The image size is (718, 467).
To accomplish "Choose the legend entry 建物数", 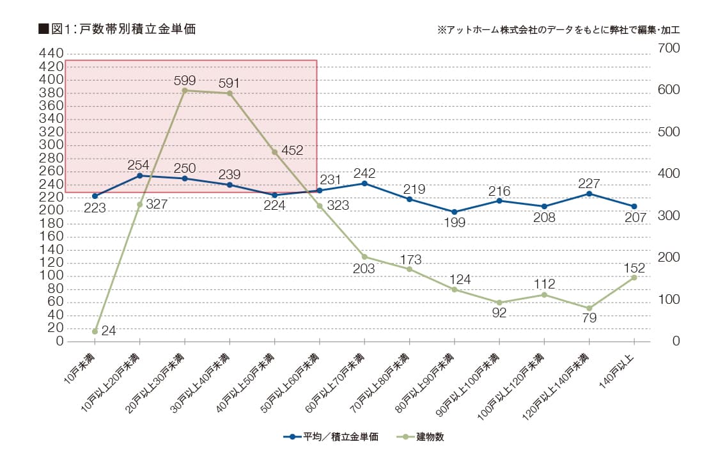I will [422, 437].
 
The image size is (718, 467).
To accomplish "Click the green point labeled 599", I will [184, 90].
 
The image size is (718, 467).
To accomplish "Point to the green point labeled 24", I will [95, 331].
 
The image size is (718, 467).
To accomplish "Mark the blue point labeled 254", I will [139, 175].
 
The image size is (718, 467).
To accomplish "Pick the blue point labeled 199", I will [454, 212].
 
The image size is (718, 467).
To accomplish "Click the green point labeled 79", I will [589, 308].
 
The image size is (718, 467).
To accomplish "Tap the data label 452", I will [292, 150].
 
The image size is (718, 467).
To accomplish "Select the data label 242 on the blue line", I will [364, 173].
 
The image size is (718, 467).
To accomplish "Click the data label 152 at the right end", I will [634, 267].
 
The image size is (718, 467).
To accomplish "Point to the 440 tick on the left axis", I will [51, 53].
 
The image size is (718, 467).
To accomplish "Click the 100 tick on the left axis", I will [51, 276].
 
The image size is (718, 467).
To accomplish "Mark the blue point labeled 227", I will [589, 194].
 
